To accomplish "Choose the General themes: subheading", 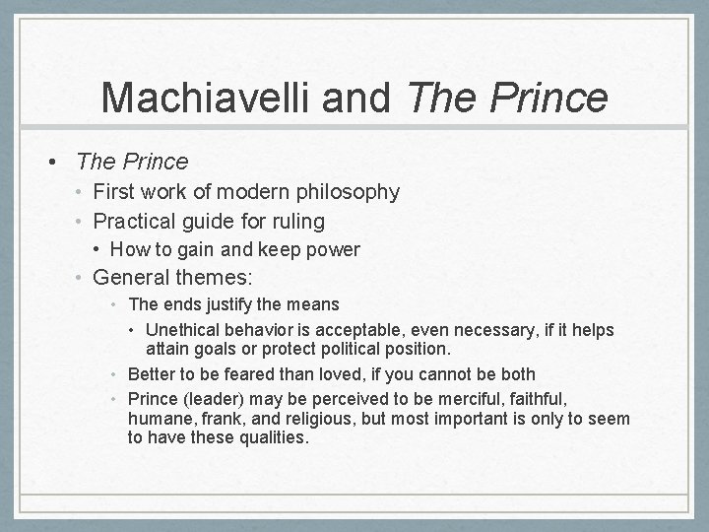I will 165,279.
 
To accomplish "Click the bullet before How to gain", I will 98,249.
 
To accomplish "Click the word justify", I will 219,305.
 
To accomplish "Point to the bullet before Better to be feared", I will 116,373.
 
